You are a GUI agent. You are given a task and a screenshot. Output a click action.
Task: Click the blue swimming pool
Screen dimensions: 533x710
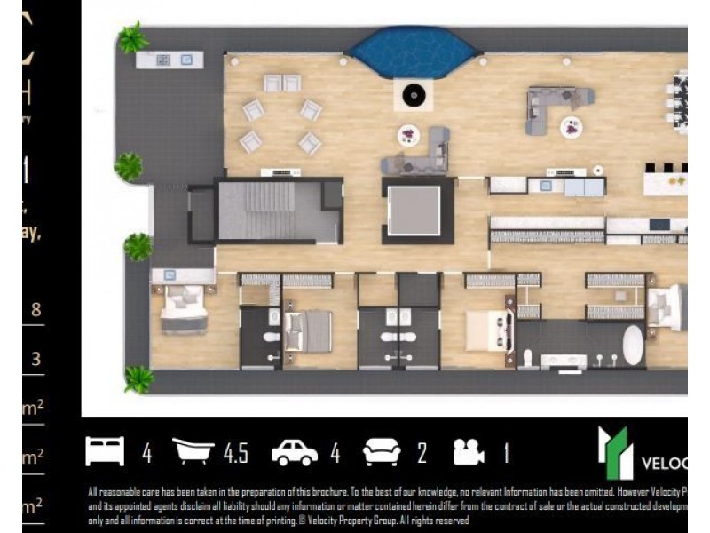point(413,52)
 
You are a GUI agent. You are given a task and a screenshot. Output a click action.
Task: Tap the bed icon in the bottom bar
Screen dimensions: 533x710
point(105,451)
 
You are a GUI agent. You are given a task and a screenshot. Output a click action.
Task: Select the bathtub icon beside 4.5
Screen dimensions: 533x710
point(196,451)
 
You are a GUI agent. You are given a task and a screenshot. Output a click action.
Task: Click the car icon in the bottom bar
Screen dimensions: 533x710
point(295,453)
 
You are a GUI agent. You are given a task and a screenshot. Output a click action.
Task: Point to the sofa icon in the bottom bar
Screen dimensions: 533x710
point(382,452)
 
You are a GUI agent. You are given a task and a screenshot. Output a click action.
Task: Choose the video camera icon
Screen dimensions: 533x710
point(468,452)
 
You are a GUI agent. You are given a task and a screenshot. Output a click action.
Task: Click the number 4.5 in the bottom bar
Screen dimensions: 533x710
point(235,453)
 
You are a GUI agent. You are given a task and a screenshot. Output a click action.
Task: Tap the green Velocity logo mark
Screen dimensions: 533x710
point(612,453)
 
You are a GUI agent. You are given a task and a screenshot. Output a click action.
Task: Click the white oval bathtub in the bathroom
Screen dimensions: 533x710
point(633,345)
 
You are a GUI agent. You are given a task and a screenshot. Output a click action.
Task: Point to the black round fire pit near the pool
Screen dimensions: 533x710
point(414,93)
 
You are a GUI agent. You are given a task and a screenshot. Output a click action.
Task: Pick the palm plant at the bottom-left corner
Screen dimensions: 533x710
point(138,378)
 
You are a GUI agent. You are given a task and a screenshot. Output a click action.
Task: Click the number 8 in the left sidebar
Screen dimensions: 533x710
point(35,310)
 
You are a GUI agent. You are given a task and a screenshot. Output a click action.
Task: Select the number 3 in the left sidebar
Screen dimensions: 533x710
point(35,359)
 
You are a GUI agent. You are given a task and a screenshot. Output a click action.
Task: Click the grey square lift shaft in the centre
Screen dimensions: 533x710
point(414,211)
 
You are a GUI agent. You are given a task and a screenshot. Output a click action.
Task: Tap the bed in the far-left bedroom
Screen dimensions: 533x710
point(184,307)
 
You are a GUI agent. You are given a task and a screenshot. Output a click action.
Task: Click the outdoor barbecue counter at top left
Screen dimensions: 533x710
point(170,60)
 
